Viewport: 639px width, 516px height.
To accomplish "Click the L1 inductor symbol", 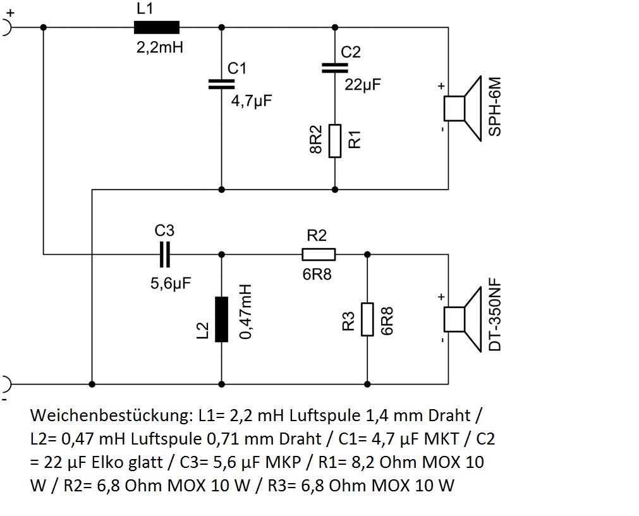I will (156, 27).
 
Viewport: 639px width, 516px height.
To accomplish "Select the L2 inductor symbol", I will (221, 319).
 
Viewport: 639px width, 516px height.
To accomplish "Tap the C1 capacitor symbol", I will (221, 84).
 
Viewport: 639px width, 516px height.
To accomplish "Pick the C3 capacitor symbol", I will (165, 254).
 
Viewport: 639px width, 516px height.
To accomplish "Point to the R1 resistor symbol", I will (334, 140).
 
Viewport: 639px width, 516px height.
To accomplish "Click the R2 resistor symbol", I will (319, 254).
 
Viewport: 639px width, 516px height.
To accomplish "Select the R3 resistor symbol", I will (367, 319).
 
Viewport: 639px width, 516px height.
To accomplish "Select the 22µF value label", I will (363, 84).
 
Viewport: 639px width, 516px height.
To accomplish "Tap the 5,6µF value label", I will (170, 284).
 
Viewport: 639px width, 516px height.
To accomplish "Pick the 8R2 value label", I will (315, 140).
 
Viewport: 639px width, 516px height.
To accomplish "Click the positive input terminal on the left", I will (6, 27).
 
